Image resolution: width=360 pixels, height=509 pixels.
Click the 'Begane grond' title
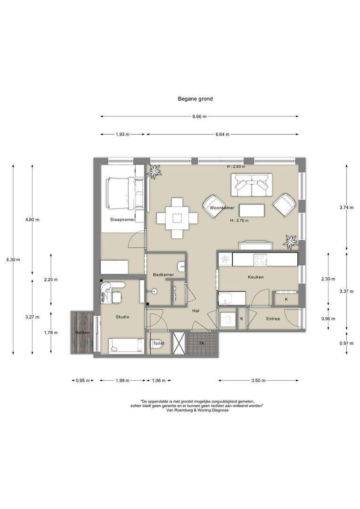click(x=195, y=99)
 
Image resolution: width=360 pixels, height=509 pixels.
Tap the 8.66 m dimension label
click(x=199, y=116)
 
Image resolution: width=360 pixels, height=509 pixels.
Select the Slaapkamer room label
click(x=123, y=220)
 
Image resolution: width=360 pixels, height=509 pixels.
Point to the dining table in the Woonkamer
click(x=177, y=218)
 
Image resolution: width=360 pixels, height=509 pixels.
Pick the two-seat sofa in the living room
click(x=252, y=185)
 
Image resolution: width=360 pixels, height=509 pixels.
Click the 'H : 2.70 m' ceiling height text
click(x=239, y=221)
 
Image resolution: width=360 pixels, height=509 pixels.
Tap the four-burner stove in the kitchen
click(x=261, y=260)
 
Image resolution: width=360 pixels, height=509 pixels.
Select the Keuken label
click(x=256, y=277)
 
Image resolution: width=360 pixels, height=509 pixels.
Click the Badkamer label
click(x=164, y=275)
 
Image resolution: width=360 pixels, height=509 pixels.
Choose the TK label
click(x=202, y=344)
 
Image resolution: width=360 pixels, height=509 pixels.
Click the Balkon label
click(x=82, y=333)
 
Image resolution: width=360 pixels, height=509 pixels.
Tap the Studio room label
click(x=123, y=317)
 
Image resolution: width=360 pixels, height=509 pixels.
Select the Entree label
click(x=273, y=319)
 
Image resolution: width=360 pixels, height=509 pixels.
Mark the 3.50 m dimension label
click(x=258, y=381)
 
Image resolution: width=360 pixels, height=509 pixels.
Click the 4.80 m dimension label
click(x=32, y=220)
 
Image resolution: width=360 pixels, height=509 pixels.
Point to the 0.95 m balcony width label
click(x=83, y=381)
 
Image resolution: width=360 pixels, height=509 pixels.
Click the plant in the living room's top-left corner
click(x=154, y=171)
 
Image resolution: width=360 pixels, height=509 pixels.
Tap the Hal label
click(x=196, y=311)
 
